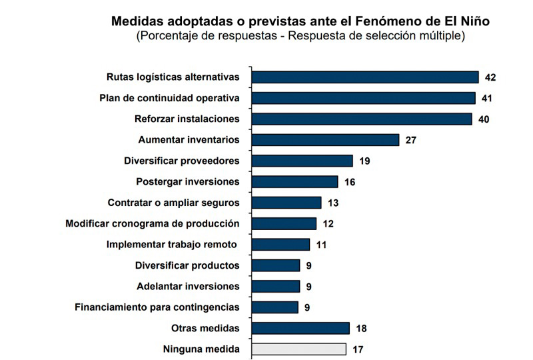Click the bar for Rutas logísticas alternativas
[365, 77]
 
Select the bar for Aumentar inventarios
[325, 140]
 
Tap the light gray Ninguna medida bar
[298, 349]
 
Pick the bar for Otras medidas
[300, 329]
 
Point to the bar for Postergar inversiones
[294, 182]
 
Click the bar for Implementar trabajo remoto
[280, 245]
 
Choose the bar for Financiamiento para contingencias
[275, 307]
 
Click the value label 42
[490, 77]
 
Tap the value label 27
[410, 140]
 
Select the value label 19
[364, 161]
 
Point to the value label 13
[333, 203]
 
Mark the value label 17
[358, 349]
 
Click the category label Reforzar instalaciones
[187, 119]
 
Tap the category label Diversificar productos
[187, 265]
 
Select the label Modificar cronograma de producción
[153, 223]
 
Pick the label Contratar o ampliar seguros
[173, 203]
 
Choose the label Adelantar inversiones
[188, 287]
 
